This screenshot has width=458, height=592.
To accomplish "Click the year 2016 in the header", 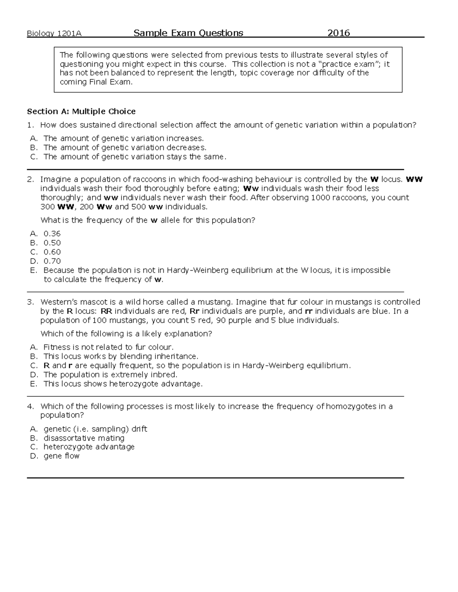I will pyautogui.click(x=339, y=33).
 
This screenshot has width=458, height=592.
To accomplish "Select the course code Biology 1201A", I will pyautogui.click(x=54, y=34).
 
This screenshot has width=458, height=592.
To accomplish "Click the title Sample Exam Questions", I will pyautogui.click(x=188, y=33).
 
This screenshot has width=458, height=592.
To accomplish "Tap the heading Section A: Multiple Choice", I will pyautogui.click(x=81, y=111).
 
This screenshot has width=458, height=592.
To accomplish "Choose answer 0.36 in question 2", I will pyautogui.click(x=52, y=234).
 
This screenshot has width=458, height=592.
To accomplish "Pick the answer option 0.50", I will pyautogui.click(x=52, y=243).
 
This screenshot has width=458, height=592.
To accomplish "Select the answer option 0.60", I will pyautogui.click(x=52, y=252).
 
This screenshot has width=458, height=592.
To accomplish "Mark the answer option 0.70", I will pyautogui.click(x=52, y=261).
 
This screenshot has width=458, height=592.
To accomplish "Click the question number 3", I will pyautogui.click(x=30, y=302).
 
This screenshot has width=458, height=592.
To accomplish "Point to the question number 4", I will pyautogui.click(x=30, y=406).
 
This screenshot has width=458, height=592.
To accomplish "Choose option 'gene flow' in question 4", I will pyautogui.click(x=61, y=456).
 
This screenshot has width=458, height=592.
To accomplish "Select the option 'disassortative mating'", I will pyautogui.click(x=84, y=438).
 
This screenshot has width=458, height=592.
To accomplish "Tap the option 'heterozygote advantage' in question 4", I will pyautogui.click(x=89, y=447).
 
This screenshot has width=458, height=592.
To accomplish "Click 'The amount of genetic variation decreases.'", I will pyautogui.click(x=125, y=148).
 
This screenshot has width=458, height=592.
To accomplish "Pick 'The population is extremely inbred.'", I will pyautogui.click(x=110, y=375).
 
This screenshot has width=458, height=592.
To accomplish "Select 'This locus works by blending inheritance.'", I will pyautogui.click(x=121, y=356).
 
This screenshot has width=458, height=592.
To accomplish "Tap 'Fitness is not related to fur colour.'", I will pyautogui.click(x=108, y=347).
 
